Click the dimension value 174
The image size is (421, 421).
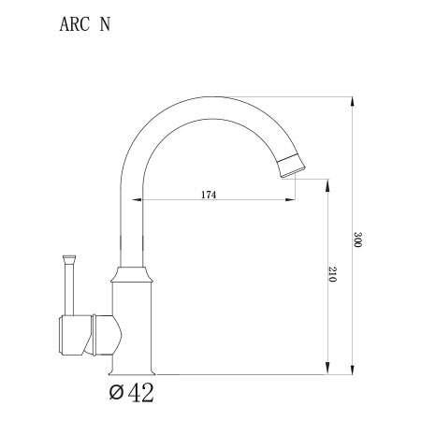click(x=209, y=194)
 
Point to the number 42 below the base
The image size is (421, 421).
click(x=140, y=392)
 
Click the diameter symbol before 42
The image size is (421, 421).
click(x=115, y=393)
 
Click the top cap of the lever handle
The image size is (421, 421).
click(x=69, y=254)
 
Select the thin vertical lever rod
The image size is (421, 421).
click(x=69, y=285)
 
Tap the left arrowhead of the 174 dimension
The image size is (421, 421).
click(x=137, y=200)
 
